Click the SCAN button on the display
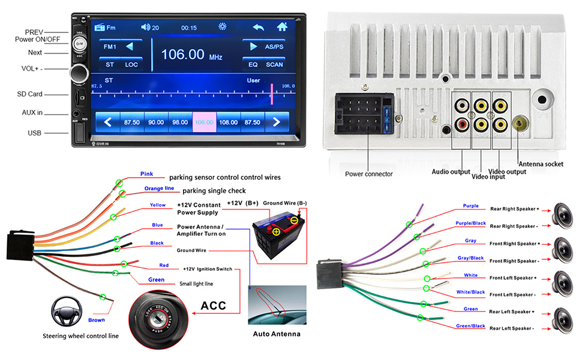click(x=274, y=64)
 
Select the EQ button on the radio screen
click(x=253, y=64)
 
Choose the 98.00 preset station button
click(x=180, y=122)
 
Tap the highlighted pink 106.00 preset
click(x=204, y=122)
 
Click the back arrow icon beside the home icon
click(x=258, y=27)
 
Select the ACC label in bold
click(x=213, y=305)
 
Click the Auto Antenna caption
click(x=277, y=334)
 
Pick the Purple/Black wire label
click(x=470, y=223)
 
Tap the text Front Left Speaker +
click(x=512, y=278)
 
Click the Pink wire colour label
click(x=146, y=174)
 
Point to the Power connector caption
click(x=368, y=174)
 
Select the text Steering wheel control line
click(x=80, y=336)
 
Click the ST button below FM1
click(x=109, y=64)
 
